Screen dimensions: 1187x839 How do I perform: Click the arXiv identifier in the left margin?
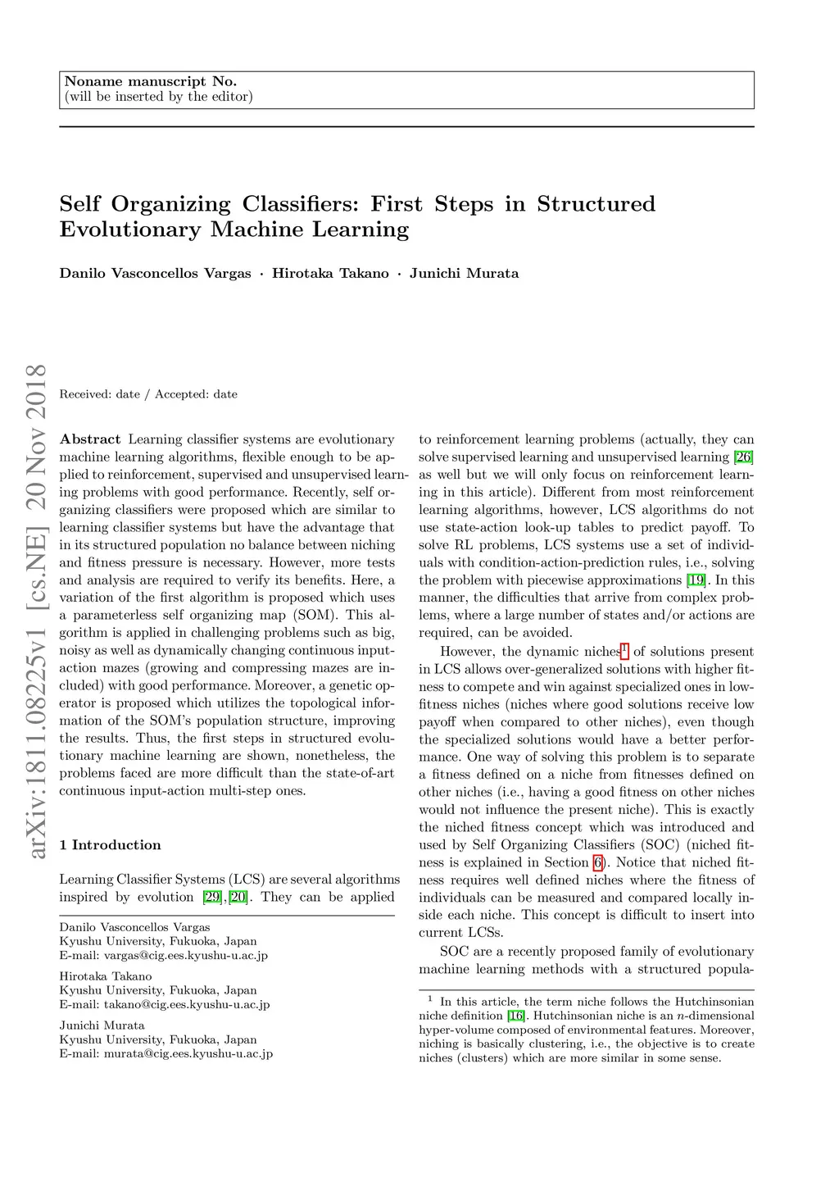[x=36, y=611]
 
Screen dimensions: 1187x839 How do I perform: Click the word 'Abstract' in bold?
[x=90, y=439]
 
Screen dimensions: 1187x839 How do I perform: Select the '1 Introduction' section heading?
[x=110, y=845]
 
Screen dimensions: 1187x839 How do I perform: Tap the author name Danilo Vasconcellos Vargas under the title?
[x=155, y=274]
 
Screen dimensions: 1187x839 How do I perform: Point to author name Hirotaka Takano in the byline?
[x=330, y=274]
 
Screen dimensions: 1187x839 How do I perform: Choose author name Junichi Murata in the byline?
[x=464, y=274]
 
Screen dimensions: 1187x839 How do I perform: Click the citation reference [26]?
[x=743, y=457]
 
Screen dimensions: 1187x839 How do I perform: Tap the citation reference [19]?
[x=696, y=580]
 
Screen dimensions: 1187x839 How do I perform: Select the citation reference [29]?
[x=212, y=897]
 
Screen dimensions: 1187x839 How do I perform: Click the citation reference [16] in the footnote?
[x=516, y=1016]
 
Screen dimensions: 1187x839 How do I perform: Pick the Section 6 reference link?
[x=598, y=862]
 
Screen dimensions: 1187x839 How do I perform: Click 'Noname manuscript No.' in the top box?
[x=151, y=81]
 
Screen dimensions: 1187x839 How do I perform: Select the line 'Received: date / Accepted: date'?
[x=148, y=394]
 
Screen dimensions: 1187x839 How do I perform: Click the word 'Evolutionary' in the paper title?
[x=129, y=230]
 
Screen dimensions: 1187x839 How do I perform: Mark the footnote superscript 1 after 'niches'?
[x=624, y=649]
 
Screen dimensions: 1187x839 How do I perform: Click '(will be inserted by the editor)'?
[x=158, y=97]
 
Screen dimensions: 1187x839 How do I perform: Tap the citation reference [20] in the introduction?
[x=238, y=897]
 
